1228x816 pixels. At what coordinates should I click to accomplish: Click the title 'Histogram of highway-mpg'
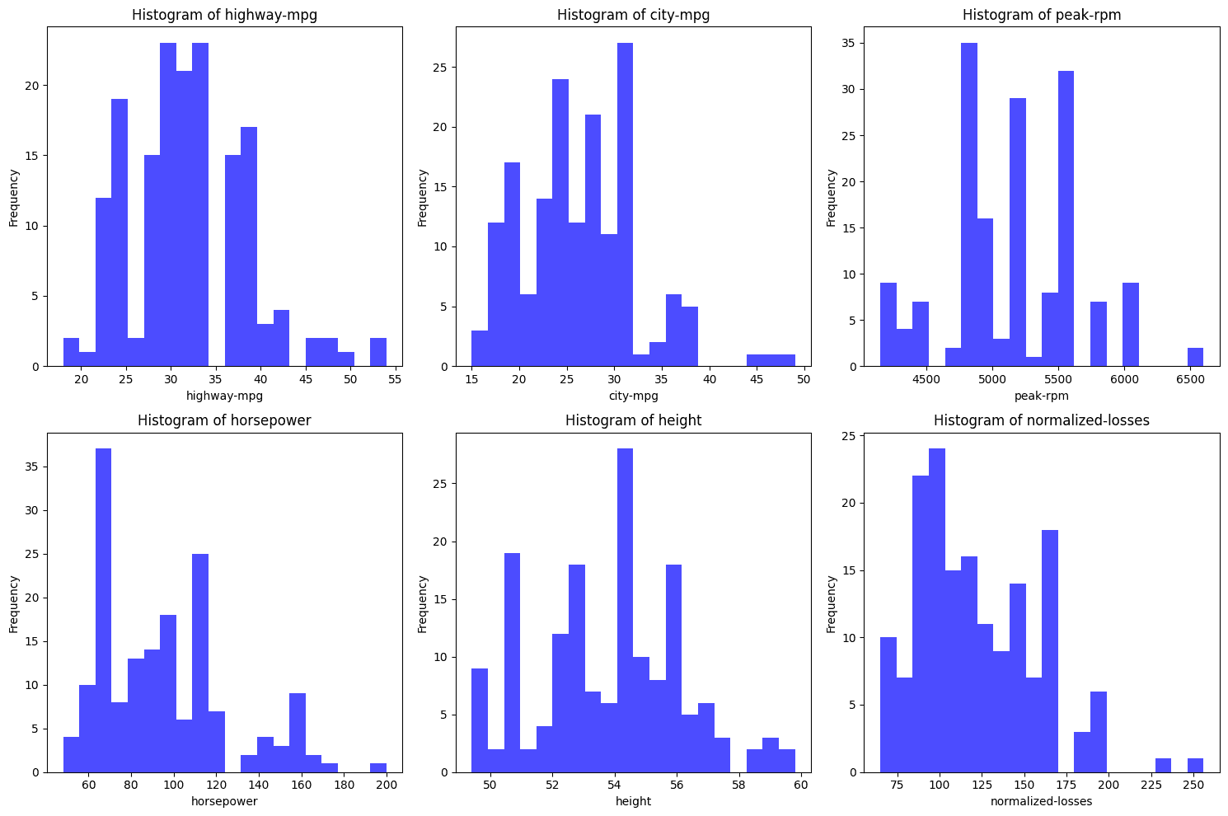coord(224,15)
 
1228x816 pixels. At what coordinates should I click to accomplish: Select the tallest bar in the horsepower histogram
coord(103,610)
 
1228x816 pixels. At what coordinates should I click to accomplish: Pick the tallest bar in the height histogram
coord(625,610)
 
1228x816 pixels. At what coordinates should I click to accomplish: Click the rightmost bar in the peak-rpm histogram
coord(1195,357)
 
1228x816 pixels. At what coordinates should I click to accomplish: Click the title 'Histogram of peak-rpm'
coord(1042,15)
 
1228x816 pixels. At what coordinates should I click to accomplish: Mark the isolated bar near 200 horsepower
coord(378,767)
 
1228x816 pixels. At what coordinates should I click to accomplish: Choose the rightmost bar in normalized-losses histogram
coord(1195,765)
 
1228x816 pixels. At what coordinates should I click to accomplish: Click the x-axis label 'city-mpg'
coord(633,396)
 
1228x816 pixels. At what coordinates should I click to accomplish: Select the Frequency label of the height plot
coord(422,604)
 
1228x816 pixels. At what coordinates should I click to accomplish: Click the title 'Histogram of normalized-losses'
coord(1042,420)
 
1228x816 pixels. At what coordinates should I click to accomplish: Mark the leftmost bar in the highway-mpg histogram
coord(71,352)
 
